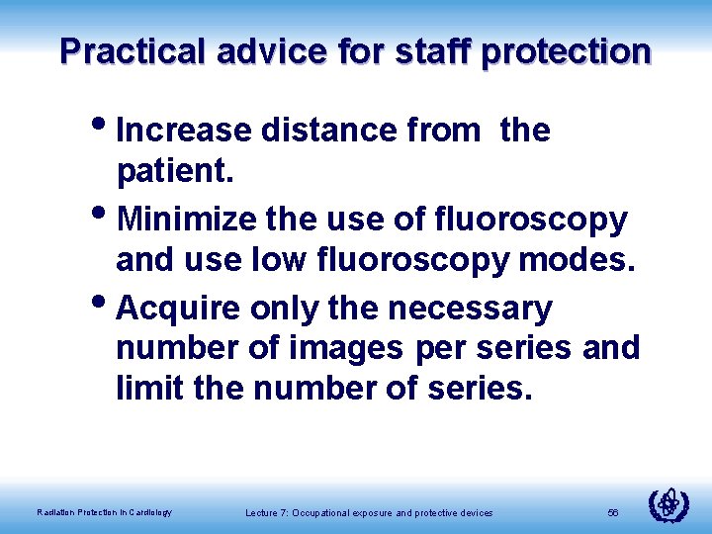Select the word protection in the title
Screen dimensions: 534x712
(567, 51)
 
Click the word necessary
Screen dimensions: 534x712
(470, 309)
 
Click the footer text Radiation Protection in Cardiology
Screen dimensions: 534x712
(104, 512)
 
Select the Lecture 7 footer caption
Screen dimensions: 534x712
(369, 512)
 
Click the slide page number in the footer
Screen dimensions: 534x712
(613, 512)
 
